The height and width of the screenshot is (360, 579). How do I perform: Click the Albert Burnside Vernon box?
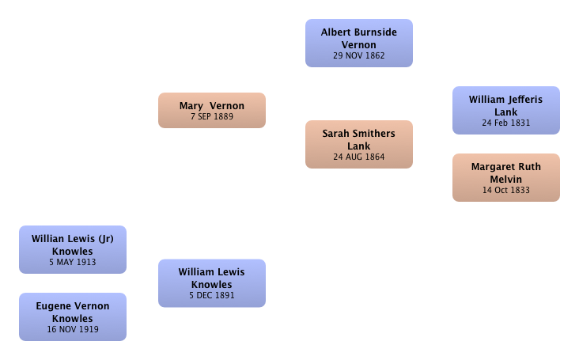coord(359,44)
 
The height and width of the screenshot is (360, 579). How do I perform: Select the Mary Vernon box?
coord(212,111)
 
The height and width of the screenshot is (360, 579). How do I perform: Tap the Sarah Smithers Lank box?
coord(359,144)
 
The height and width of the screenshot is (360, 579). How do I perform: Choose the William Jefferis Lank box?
coord(506,111)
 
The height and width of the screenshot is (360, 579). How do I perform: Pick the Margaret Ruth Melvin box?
coord(506,177)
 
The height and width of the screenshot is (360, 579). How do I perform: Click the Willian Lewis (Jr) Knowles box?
coord(73,249)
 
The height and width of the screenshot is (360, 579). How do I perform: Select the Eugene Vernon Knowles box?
coord(73,316)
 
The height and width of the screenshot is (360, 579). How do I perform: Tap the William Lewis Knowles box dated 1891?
coord(212,283)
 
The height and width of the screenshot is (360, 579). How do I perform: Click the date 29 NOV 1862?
coord(359,55)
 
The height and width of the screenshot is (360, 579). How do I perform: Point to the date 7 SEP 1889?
coord(212,116)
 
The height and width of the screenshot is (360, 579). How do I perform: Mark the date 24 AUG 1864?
coord(359,157)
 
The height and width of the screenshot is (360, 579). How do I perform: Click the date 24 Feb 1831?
coord(506,123)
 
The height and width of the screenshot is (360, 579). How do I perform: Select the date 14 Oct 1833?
coord(506,190)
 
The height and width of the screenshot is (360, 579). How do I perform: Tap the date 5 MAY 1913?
coord(73,262)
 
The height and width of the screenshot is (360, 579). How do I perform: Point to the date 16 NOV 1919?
coord(73,329)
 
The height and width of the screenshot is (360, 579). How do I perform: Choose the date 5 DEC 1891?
coord(212,295)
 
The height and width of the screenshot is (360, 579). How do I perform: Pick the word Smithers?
coord(373,134)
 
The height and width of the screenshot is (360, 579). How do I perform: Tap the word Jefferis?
coord(524,100)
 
